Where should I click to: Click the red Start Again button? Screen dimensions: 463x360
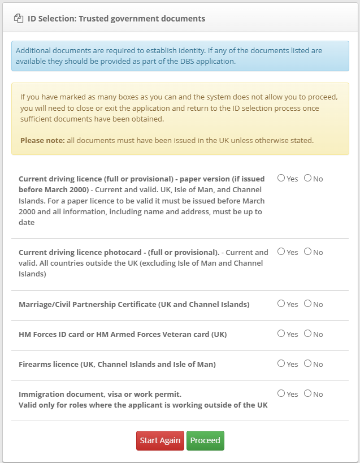coord(161,441)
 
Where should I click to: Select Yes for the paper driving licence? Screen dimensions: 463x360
coord(281,178)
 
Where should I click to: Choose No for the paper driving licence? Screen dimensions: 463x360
coord(307,178)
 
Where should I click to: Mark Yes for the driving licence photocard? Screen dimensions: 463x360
coord(281,252)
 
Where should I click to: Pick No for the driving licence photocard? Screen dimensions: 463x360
coord(307,252)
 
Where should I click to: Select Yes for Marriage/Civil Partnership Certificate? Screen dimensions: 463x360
coord(281,304)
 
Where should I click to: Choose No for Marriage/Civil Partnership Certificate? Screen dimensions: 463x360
coord(307,304)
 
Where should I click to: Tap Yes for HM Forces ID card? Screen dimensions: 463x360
coord(281,334)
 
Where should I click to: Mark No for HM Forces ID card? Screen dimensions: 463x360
coord(307,334)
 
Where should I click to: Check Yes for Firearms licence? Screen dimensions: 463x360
coord(281,364)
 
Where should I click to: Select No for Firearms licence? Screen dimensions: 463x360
coord(307,364)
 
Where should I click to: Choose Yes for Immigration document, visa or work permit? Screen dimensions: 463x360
coord(281,393)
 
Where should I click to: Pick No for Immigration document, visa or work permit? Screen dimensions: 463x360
coord(307,393)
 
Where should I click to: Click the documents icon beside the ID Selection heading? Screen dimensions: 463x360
coord(19,19)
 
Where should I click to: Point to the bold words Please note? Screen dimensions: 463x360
coord(42,140)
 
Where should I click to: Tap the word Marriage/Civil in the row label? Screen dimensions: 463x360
coord(46,304)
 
